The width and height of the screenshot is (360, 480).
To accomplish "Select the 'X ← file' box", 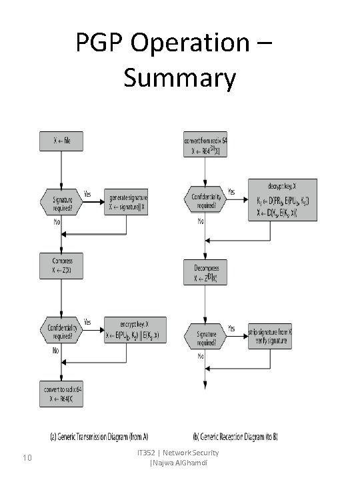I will pos(61,141).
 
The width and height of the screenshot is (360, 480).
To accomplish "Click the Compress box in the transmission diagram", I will pos(61,264).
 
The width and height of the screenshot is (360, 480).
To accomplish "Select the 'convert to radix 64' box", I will pos(61,391).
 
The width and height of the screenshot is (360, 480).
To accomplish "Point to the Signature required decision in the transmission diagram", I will pos(61,202).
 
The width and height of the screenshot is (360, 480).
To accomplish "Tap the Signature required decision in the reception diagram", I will pos(205,335).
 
